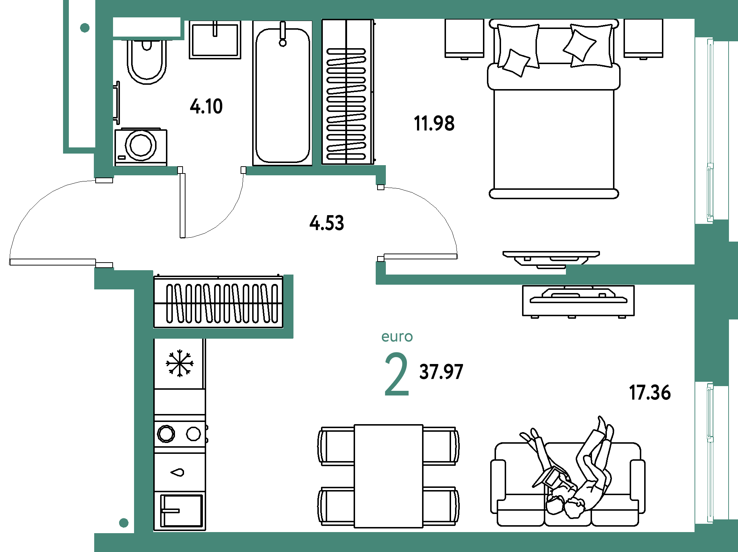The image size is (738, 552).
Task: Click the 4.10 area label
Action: pos(206,106)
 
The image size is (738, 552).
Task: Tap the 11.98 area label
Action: pos(434,123)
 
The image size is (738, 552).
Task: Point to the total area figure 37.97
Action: pos(441,372)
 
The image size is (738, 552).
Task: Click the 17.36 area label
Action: pos(650,392)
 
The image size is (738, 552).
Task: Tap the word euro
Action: pos(397,337)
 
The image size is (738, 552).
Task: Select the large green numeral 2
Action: pos(396,375)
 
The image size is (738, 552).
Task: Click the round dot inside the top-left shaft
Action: pos(85,28)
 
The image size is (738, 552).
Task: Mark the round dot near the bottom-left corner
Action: pos(124,523)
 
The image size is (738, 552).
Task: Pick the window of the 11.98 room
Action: pos(710,130)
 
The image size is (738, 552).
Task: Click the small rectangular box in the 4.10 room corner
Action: pos(147,27)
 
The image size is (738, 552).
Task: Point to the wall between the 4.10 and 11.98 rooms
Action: pos(317,92)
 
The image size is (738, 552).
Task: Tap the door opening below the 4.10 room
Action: pos(212,171)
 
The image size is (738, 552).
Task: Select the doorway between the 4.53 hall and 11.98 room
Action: pos(380,223)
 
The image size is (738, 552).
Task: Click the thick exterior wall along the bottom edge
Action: pos(399,542)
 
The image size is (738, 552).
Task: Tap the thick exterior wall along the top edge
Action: pos(399,9)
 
